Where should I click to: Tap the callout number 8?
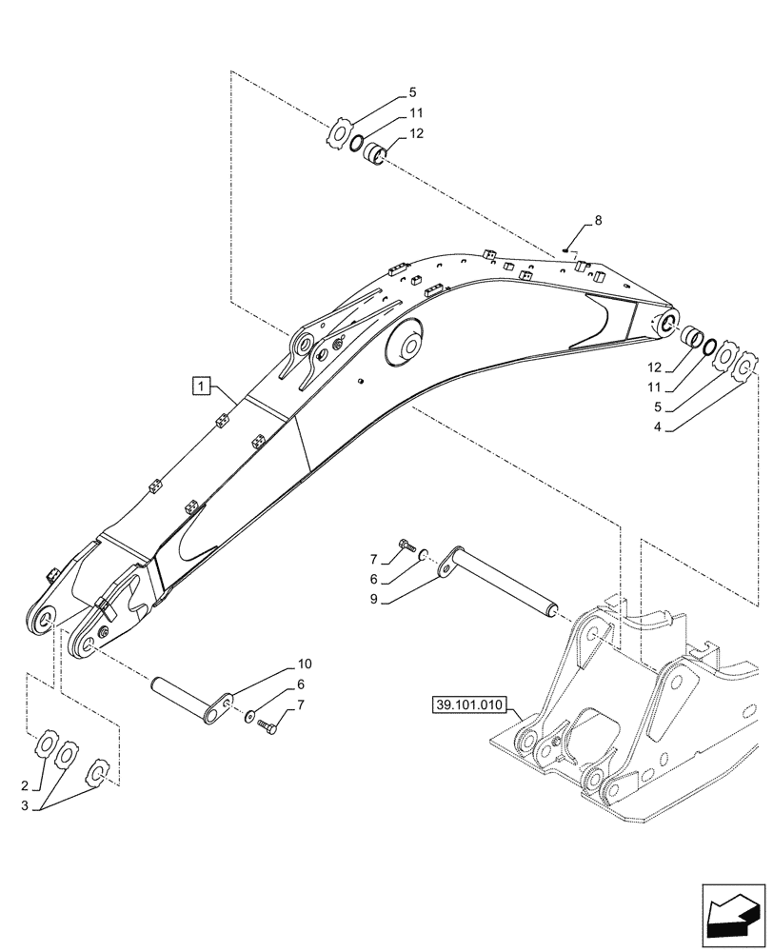tap(598, 221)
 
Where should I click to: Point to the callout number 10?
tap(305, 663)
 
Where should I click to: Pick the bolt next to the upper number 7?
tap(407, 545)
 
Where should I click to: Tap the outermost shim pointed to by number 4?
tap(748, 366)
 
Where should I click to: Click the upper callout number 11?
tap(416, 113)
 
